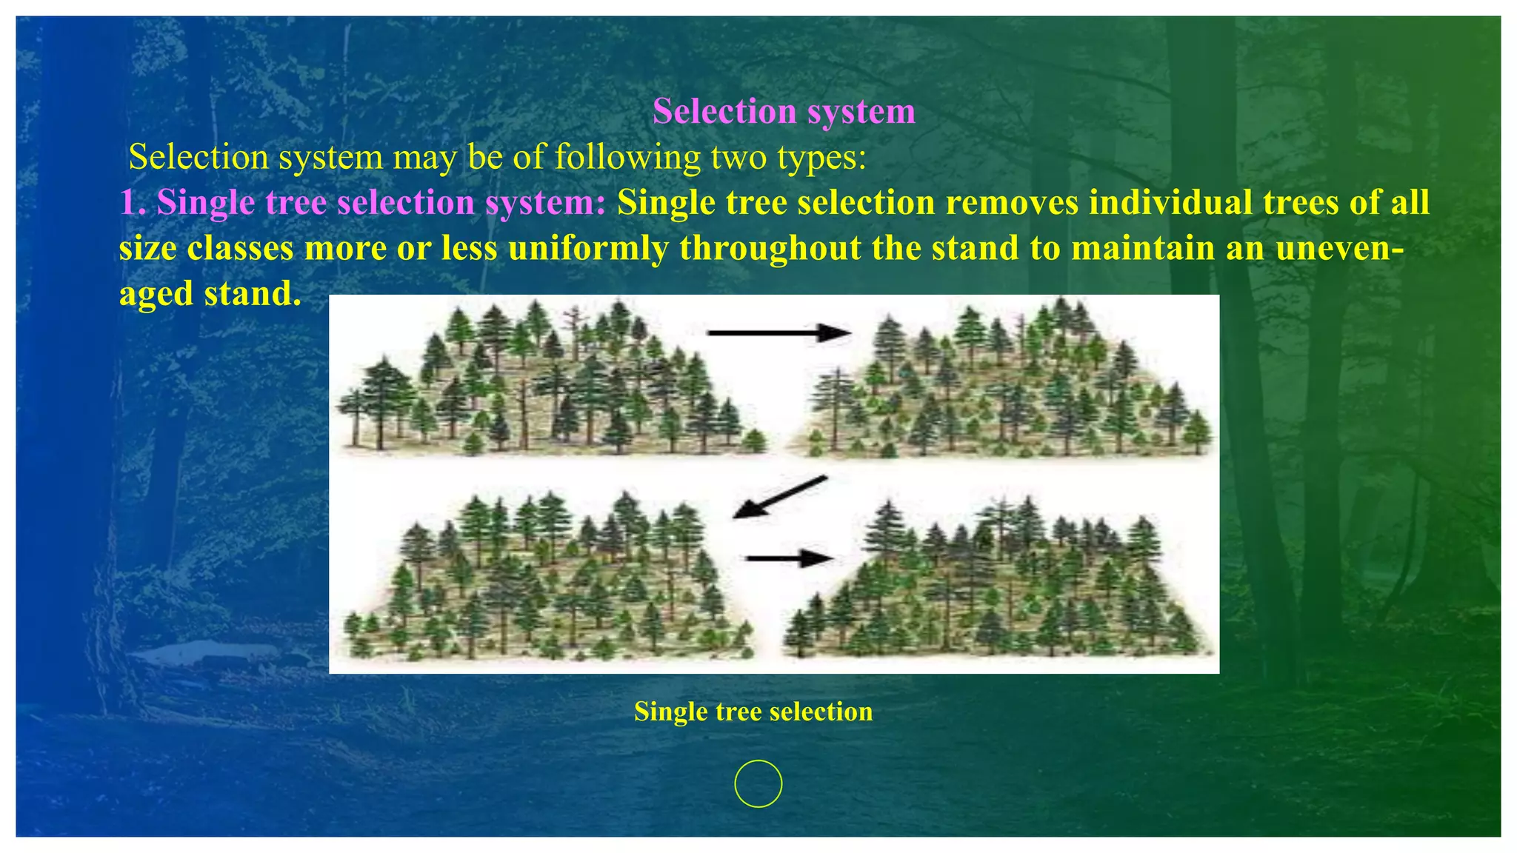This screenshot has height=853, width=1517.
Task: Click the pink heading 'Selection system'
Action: (784, 112)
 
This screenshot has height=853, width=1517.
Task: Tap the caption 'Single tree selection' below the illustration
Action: (753, 712)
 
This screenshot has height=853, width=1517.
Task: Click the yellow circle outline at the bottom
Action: (758, 783)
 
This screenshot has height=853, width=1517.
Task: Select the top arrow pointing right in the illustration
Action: (778, 333)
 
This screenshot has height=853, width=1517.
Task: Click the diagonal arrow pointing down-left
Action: (779, 497)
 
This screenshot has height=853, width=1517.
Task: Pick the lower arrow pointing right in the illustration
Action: (790, 558)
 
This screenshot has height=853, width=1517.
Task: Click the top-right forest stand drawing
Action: (1011, 381)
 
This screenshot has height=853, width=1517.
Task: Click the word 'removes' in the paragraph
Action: (1007, 203)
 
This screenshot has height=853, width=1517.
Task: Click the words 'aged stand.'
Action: (210, 294)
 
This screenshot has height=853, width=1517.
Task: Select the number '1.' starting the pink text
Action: (133, 203)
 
